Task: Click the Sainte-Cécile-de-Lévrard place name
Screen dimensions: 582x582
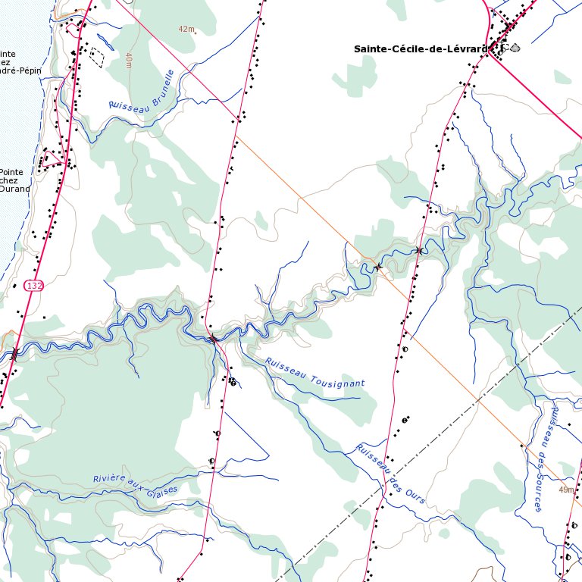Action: click(x=419, y=48)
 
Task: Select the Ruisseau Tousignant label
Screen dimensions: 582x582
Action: click(x=314, y=372)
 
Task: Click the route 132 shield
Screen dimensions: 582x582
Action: click(x=33, y=285)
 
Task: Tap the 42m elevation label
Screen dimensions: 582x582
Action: click(x=186, y=29)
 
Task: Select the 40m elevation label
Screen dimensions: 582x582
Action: click(x=129, y=61)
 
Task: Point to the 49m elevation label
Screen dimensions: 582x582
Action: click(x=566, y=490)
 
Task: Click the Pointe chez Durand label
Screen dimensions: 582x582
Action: click(x=14, y=180)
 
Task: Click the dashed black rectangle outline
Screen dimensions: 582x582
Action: click(x=97, y=57)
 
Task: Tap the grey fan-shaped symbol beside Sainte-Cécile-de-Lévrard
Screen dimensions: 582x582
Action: click(x=516, y=47)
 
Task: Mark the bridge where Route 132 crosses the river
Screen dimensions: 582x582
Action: click(x=14, y=353)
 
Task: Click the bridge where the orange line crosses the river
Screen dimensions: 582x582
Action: click(x=378, y=267)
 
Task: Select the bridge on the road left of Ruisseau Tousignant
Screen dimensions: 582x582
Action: click(x=214, y=339)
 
